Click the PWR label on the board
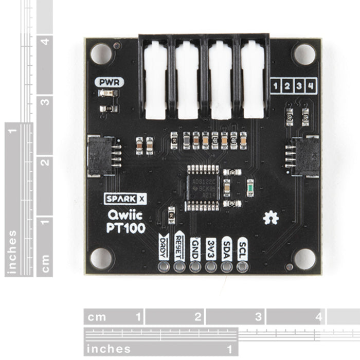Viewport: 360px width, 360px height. [108, 81]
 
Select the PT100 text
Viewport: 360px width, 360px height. [125, 227]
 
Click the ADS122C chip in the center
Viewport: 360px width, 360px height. [202, 188]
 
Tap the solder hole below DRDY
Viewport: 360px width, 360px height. [164, 266]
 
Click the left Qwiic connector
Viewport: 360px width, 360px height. [101, 155]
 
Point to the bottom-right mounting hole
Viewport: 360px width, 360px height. [304, 259]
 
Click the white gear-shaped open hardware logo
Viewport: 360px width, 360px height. [271, 218]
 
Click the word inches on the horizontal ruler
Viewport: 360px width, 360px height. [109, 349]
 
